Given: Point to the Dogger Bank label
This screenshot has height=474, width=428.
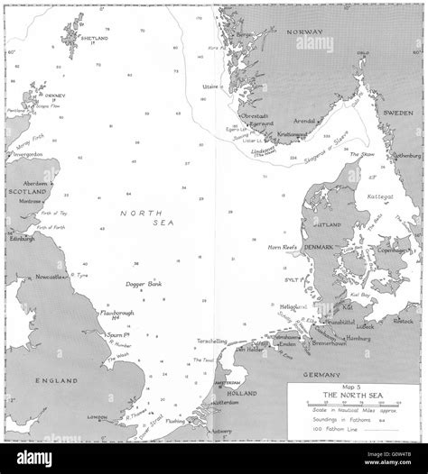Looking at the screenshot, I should pos(143,284).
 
